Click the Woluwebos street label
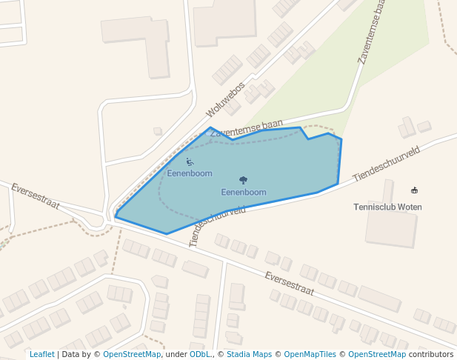[x=225, y=99]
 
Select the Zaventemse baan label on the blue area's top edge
[x=246, y=127]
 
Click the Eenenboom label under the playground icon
[x=190, y=173]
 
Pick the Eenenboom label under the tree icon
[x=244, y=193]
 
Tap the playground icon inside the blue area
[x=190, y=161]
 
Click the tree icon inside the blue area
[x=244, y=180]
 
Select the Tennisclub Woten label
[x=388, y=207]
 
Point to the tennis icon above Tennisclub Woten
[x=413, y=190]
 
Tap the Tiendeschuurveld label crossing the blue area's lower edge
[x=218, y=225]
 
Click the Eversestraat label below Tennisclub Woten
[x=290, y=283]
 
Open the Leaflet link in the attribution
[x=41, y=354]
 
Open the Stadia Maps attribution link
[x=249, y=354]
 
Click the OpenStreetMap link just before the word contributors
[x=377, y=354]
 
